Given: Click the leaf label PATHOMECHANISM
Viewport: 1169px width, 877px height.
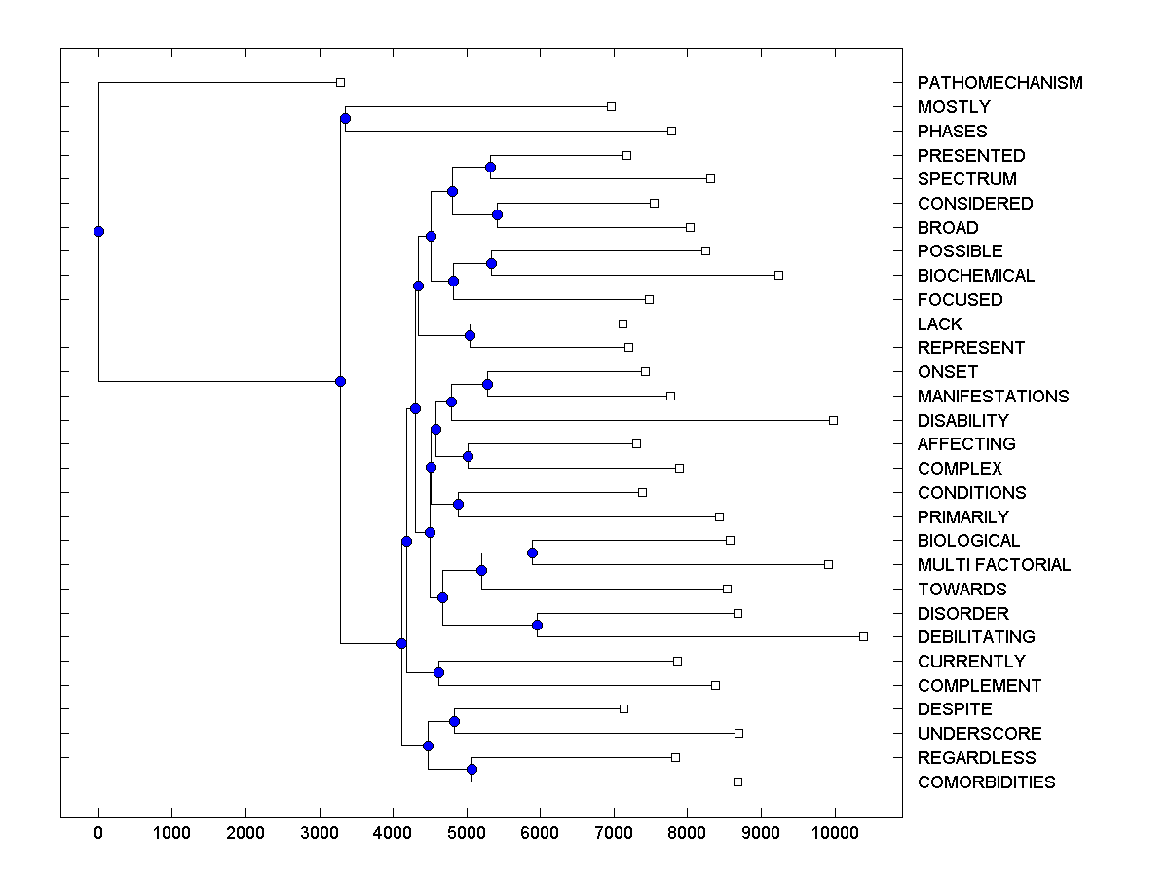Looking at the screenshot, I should click(x=999, y=83).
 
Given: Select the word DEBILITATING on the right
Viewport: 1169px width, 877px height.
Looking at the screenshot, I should click(x=976, y=637).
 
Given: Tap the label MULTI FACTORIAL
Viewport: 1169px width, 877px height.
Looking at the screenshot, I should click(x=994, y=565).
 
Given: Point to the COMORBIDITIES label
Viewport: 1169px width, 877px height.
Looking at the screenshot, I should click(x=986, y=782).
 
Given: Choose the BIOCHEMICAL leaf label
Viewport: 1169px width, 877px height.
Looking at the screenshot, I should click(x=976, y=276).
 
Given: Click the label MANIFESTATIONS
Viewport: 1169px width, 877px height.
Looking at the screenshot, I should click(x=993, y=397).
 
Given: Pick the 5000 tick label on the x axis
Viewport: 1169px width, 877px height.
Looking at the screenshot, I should click(x=467, y=831).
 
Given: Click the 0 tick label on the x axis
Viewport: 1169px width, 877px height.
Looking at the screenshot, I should click(x=98, y=831).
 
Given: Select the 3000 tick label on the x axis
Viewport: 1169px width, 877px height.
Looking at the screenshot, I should click(x=320, y=831).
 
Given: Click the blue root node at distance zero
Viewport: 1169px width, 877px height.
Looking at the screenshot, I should click(x=98, y=231).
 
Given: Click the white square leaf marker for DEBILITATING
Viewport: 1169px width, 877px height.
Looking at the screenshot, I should click(x=863, y=636).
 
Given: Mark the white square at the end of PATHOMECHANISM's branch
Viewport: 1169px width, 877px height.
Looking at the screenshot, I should click(x=340, y=82).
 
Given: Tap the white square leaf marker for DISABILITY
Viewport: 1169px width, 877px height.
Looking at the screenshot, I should click(x=833, y=420).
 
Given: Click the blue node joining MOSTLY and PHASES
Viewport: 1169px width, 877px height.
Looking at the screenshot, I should click(x=345, y=118).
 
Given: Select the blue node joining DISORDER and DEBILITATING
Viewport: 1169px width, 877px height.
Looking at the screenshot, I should click(x=537, y=625).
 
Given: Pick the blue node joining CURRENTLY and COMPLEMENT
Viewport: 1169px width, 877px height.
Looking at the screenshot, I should click(x=438, y=672).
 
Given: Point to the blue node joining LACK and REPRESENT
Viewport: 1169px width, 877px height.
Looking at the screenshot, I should click(x=470, y=335).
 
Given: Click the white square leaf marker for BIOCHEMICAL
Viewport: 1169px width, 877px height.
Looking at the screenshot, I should click(x=778, y=275).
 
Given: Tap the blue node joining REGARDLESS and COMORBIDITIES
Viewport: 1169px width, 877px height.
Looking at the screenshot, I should click(x=471, y=769).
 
